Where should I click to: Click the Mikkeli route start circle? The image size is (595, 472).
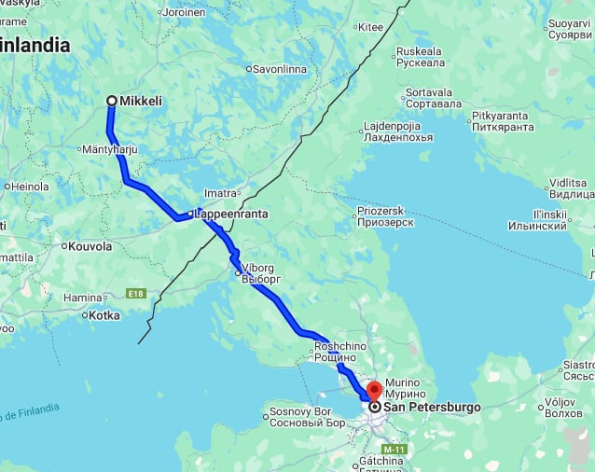click(112, 101)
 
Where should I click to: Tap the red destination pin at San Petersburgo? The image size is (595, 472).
click(374, 392)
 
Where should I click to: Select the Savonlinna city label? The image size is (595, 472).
click(284, 68)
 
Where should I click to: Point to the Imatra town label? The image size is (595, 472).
click(221, 193)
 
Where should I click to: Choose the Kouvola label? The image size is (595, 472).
click(90, 246)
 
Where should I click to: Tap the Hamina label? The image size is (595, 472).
click(82, 298)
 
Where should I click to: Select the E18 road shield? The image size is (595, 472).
click(137, 294)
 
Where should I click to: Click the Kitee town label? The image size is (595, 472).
click(370, 27)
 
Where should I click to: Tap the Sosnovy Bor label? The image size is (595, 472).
click(300, 411)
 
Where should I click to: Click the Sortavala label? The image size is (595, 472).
click(429, 93)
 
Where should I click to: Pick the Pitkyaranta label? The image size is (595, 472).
click(500, 116)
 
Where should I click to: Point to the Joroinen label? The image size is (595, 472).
click(184, 12)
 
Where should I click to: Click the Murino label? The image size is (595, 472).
click(404, 382)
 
